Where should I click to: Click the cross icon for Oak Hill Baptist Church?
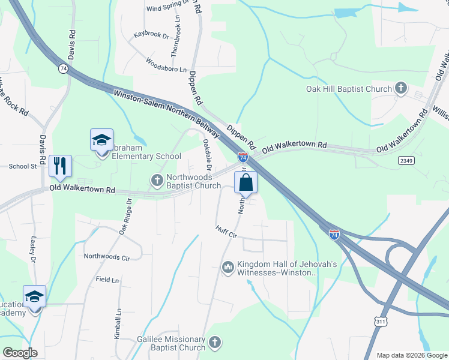(401, 89)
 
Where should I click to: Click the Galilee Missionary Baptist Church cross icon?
(215, 343)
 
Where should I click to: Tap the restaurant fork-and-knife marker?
(60, 166)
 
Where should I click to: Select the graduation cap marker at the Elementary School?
(101, 140)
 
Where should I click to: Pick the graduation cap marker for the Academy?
(34, 297)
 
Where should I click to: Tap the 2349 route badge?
(406, 160)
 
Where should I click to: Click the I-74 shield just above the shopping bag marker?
(243, 158)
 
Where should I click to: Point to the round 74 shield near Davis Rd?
(63, 69)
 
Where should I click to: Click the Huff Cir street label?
(228, 232)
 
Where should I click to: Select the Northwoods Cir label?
(107, 257)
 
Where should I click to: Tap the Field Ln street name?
(107, 280)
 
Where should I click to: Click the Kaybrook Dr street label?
(152, 35)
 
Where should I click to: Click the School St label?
(23, 166)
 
